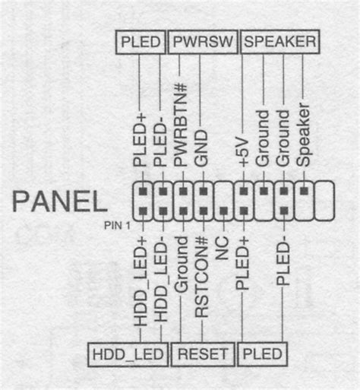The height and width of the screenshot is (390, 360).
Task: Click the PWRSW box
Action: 203,42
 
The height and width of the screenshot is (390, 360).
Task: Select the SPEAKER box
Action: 280,42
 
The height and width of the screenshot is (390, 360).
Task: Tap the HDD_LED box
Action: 128,354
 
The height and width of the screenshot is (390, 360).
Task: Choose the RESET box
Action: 203,354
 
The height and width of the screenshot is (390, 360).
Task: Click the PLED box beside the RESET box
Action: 263,354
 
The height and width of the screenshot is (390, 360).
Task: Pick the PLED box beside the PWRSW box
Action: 141,42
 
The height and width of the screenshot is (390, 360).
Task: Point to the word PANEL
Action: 60,201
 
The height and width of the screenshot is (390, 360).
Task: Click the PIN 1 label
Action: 117,225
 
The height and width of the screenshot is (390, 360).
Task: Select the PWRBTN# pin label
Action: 181,125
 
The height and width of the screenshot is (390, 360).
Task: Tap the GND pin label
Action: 201,148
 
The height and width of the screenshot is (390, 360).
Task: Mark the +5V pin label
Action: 244,153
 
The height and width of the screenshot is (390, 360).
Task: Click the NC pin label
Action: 222,249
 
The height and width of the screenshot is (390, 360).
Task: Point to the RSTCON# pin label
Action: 201,277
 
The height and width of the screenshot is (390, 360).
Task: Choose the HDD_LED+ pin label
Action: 141,281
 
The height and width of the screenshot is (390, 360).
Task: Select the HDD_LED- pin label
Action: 161,280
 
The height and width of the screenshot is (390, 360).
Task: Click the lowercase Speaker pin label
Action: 303,135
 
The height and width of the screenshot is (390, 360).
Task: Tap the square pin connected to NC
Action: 223,211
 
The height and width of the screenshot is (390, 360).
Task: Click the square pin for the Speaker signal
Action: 305,191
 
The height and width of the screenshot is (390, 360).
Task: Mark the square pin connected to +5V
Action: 244,191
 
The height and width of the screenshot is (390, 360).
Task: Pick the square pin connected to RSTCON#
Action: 204,211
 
